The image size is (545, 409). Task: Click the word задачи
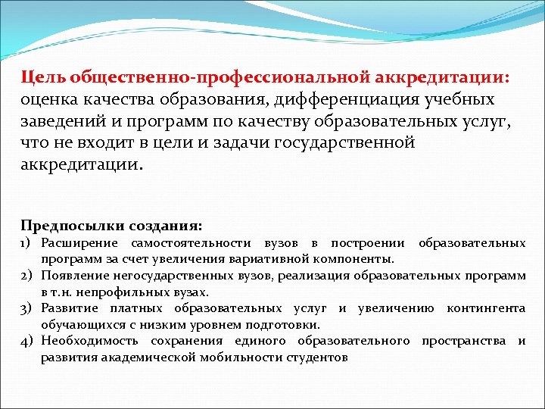point(241,144)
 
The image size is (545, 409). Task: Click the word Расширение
point(80,243)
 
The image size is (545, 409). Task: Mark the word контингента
point(486,308)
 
